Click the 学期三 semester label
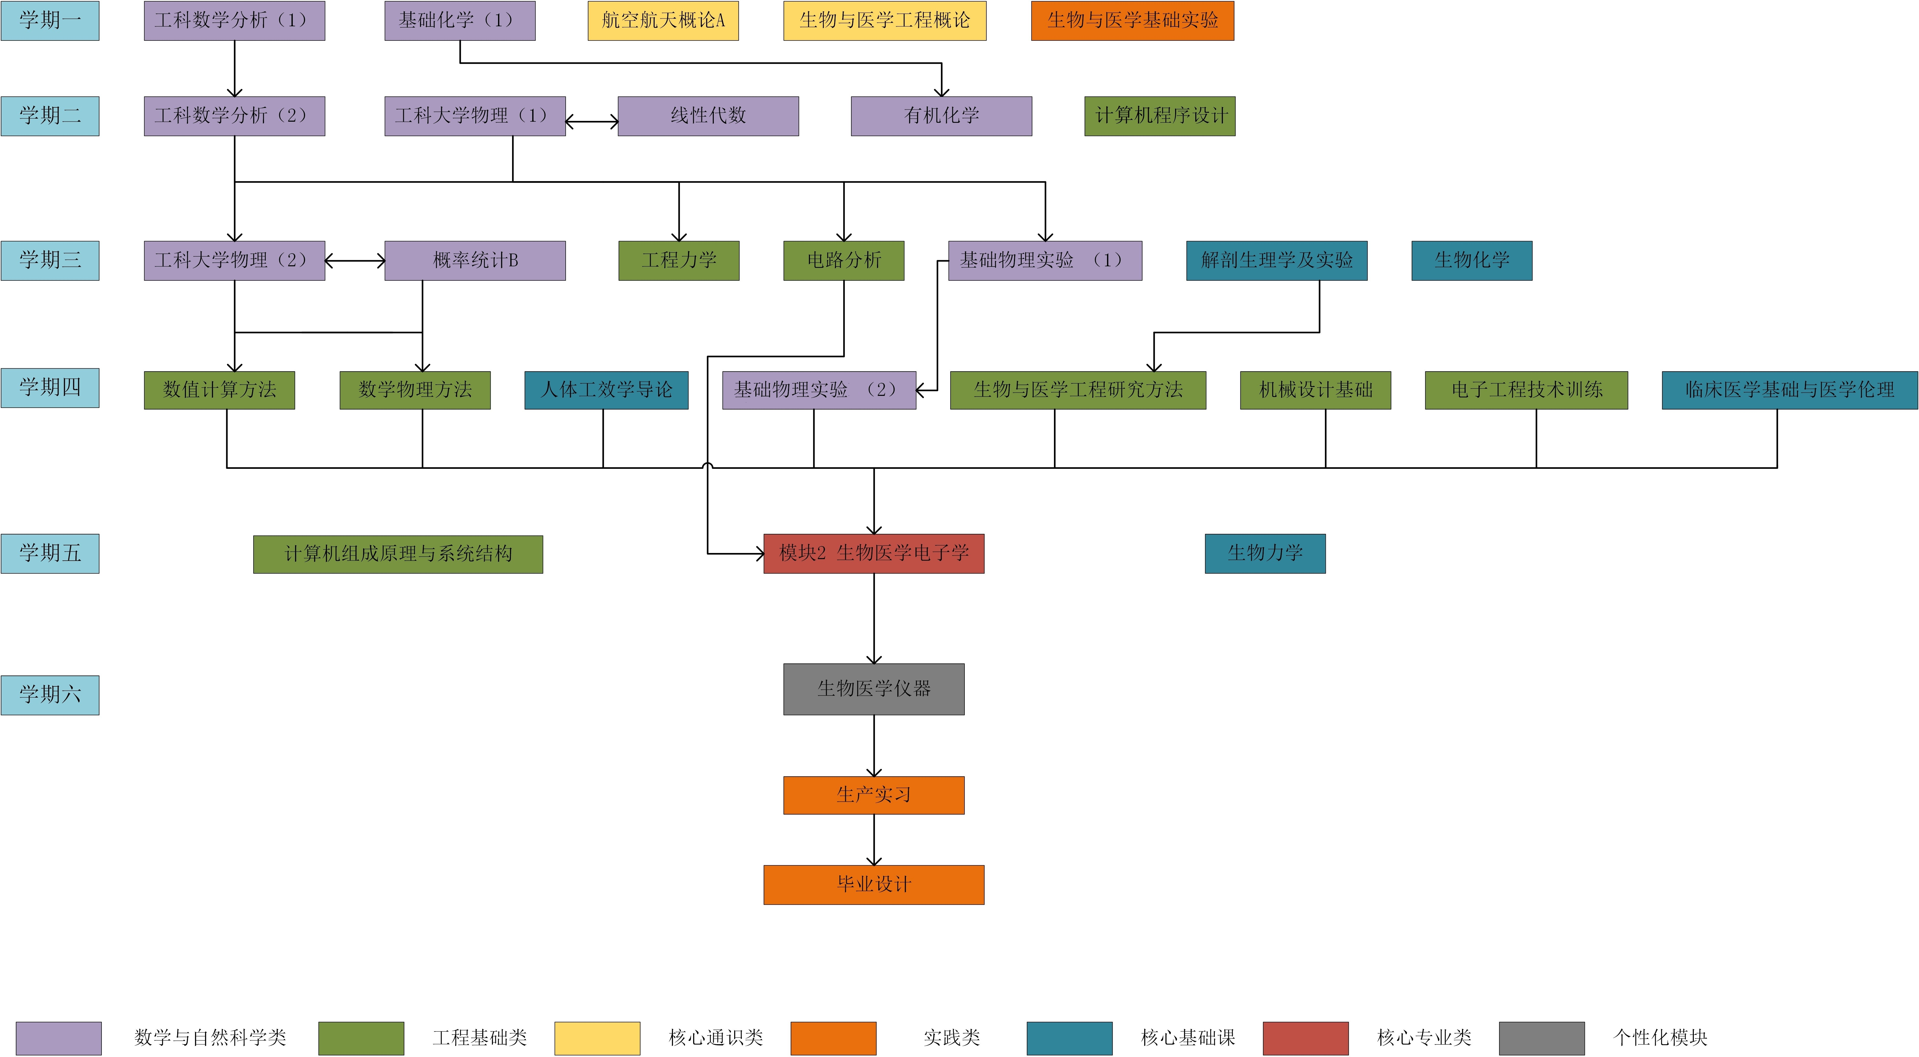(50, 260)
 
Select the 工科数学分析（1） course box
(235, 20)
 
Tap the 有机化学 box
(942, 116)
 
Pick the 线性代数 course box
(708, 116)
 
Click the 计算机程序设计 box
(1160, 116)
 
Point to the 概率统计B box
(475, 260)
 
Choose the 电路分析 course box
(844, 260)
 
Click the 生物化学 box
(1472, 260)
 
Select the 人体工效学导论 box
(606, 389)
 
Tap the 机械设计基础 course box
(1316, 389)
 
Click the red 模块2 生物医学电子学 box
(874, 553)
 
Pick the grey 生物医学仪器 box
(874, 689)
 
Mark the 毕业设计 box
(874, 884)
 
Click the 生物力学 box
(1266, 553)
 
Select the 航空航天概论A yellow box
(663, 20)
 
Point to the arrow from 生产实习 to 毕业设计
(874, 839)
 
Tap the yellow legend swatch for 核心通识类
(598, 1038)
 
